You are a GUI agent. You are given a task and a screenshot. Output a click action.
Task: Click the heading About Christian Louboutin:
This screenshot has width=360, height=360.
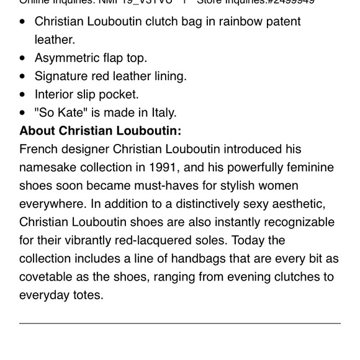pyautogui.click(x=100, y=131)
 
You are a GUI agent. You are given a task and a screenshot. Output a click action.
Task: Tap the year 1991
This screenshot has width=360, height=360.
pyautogui.click(x=164, y=168)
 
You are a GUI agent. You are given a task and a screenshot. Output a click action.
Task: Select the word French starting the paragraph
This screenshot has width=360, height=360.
pyautogui.click(x=38, y=150)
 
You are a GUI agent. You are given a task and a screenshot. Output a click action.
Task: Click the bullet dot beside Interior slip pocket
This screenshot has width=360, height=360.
pyautogui.click(x=23, y=95)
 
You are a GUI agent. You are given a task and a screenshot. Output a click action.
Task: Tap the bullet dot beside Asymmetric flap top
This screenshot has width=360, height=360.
pyautogui.click(x=23, y=58)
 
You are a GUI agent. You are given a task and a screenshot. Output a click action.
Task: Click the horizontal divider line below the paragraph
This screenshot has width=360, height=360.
pyautogui.click(x=180, y=323)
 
